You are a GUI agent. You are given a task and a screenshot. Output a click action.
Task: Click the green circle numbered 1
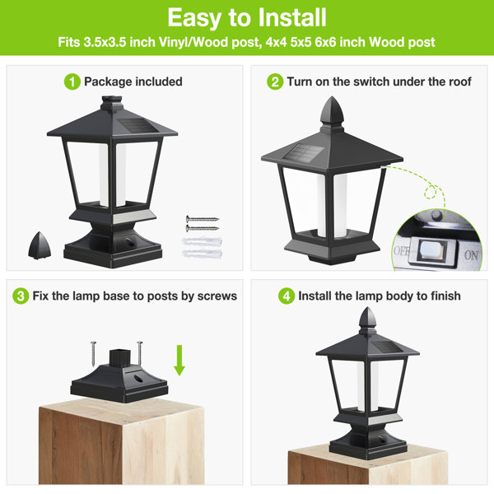pyautogui.click(x=72, y=82)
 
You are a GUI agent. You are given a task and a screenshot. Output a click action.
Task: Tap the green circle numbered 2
pyautogui.click(x=275, y=82)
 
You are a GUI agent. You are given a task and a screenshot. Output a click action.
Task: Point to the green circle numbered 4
pyautogui.click(x=287, y=296)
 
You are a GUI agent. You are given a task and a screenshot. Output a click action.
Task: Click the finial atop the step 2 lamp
pyautogui.click(x=332, y=110)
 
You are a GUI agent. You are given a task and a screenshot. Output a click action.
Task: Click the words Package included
pyautogui.click(x=133, y=82)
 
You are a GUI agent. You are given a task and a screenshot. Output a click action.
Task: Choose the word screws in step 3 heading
pyautogui.click(x=217, y=295)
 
